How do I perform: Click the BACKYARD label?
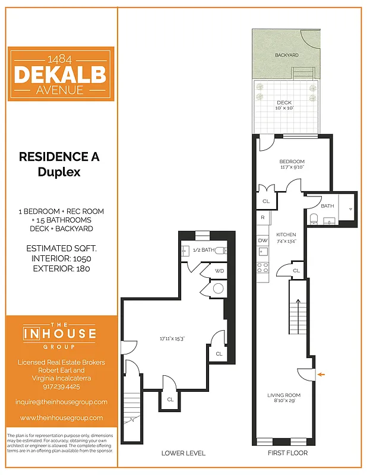[286, 55]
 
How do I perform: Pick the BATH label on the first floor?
[327, 206]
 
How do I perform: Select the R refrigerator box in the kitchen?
[262, 218]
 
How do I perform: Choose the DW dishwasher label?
[262, 240]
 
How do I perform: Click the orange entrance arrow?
[321, 374]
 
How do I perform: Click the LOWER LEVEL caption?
[183, 454]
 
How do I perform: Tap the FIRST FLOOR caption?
[287, 454]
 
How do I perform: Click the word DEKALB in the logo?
[61, 74]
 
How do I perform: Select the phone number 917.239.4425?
[61, 386]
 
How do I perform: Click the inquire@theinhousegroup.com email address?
[61, 402]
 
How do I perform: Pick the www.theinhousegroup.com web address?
[61, 418]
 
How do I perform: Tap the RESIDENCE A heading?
[59, 157]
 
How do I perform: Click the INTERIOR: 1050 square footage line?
[59, 259]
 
